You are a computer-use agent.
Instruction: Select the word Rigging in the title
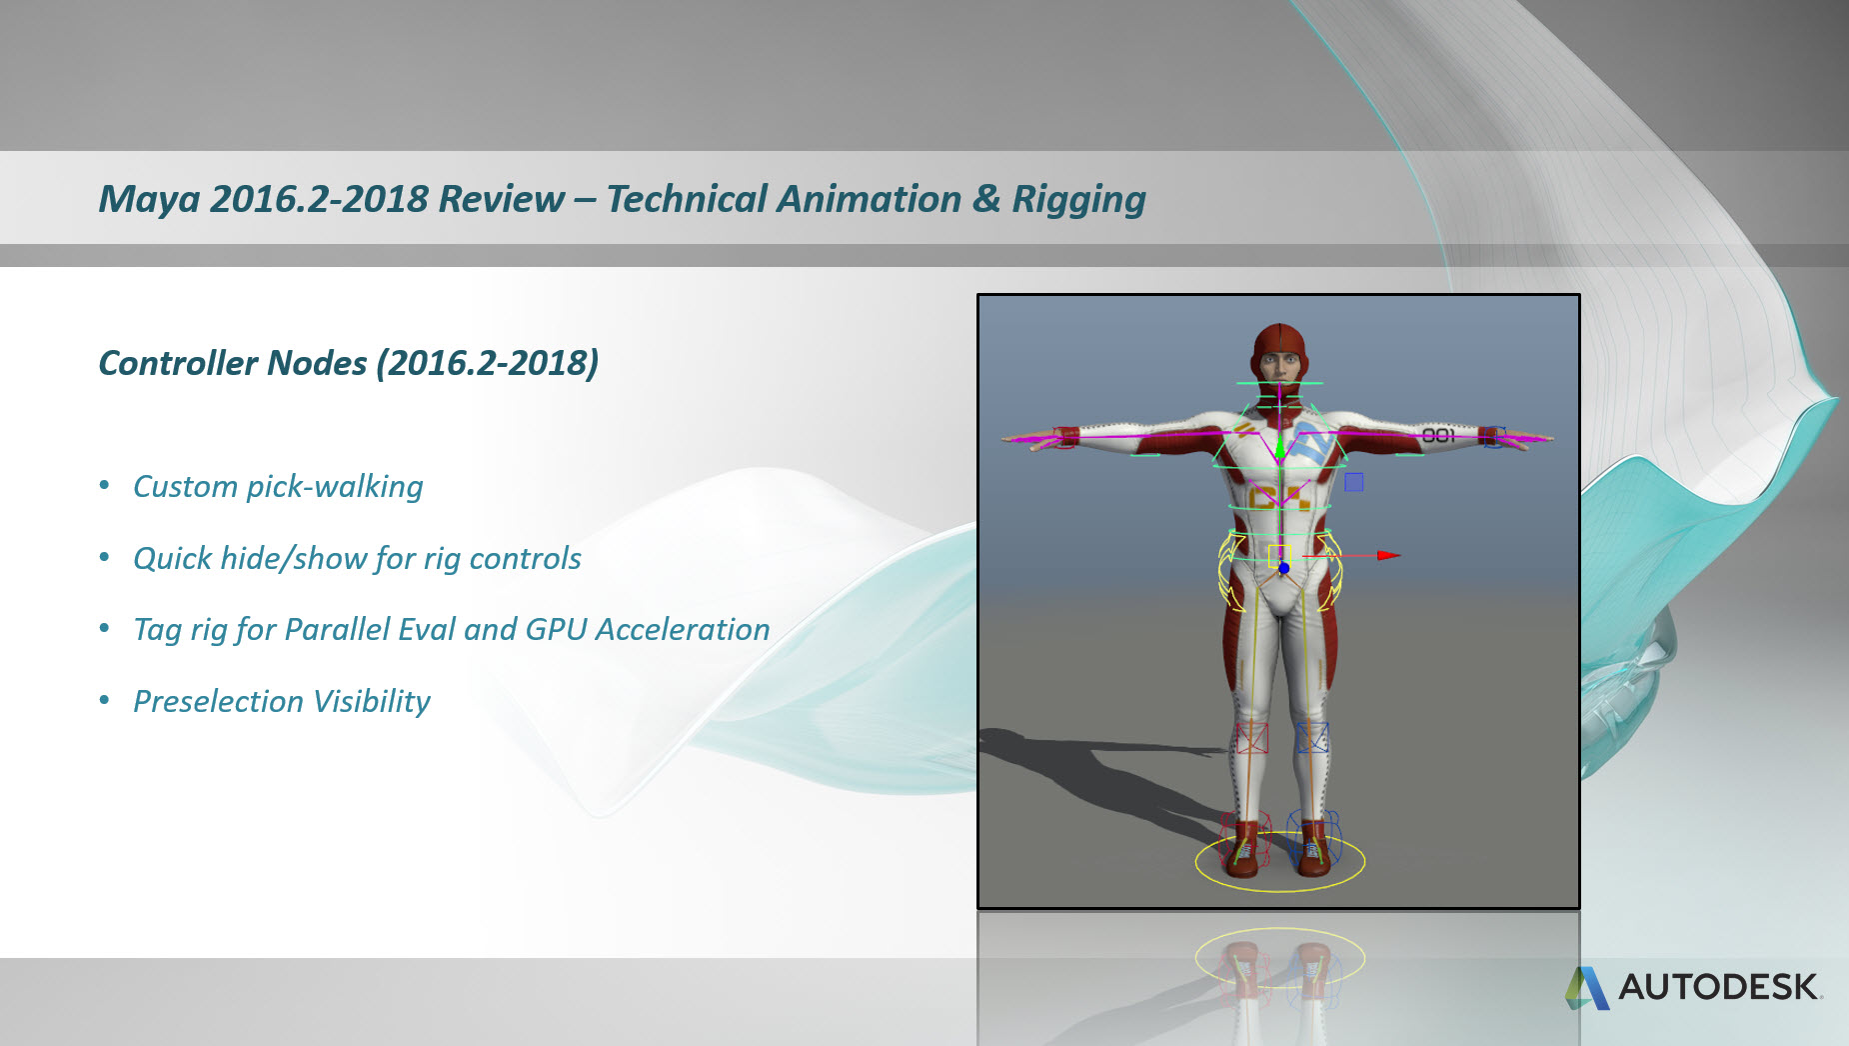(x=1078, y=200)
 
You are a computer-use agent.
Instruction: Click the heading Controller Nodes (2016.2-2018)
(x=348, y=363)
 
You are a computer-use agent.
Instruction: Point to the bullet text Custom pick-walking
(x=278, y=487)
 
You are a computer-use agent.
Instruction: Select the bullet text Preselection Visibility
(x=282, y=701)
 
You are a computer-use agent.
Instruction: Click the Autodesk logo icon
(x=1587, y=988)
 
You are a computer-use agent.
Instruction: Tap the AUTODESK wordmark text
(x=1719, y=987)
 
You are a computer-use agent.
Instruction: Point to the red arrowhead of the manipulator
(x=1388, y=555)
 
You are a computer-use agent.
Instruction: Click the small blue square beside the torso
(x=1354, y=482)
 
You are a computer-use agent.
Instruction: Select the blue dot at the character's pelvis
(x=1284, y=568)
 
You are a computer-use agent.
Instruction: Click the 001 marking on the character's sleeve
(x=1438, y=435)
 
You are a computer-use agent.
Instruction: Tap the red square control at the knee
(x=1252, y=738)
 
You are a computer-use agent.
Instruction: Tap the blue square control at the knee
(x=1312, y=738)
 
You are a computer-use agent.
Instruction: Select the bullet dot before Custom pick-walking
(x=105, y=486)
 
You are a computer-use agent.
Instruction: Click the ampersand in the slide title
(x=986, y=199)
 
